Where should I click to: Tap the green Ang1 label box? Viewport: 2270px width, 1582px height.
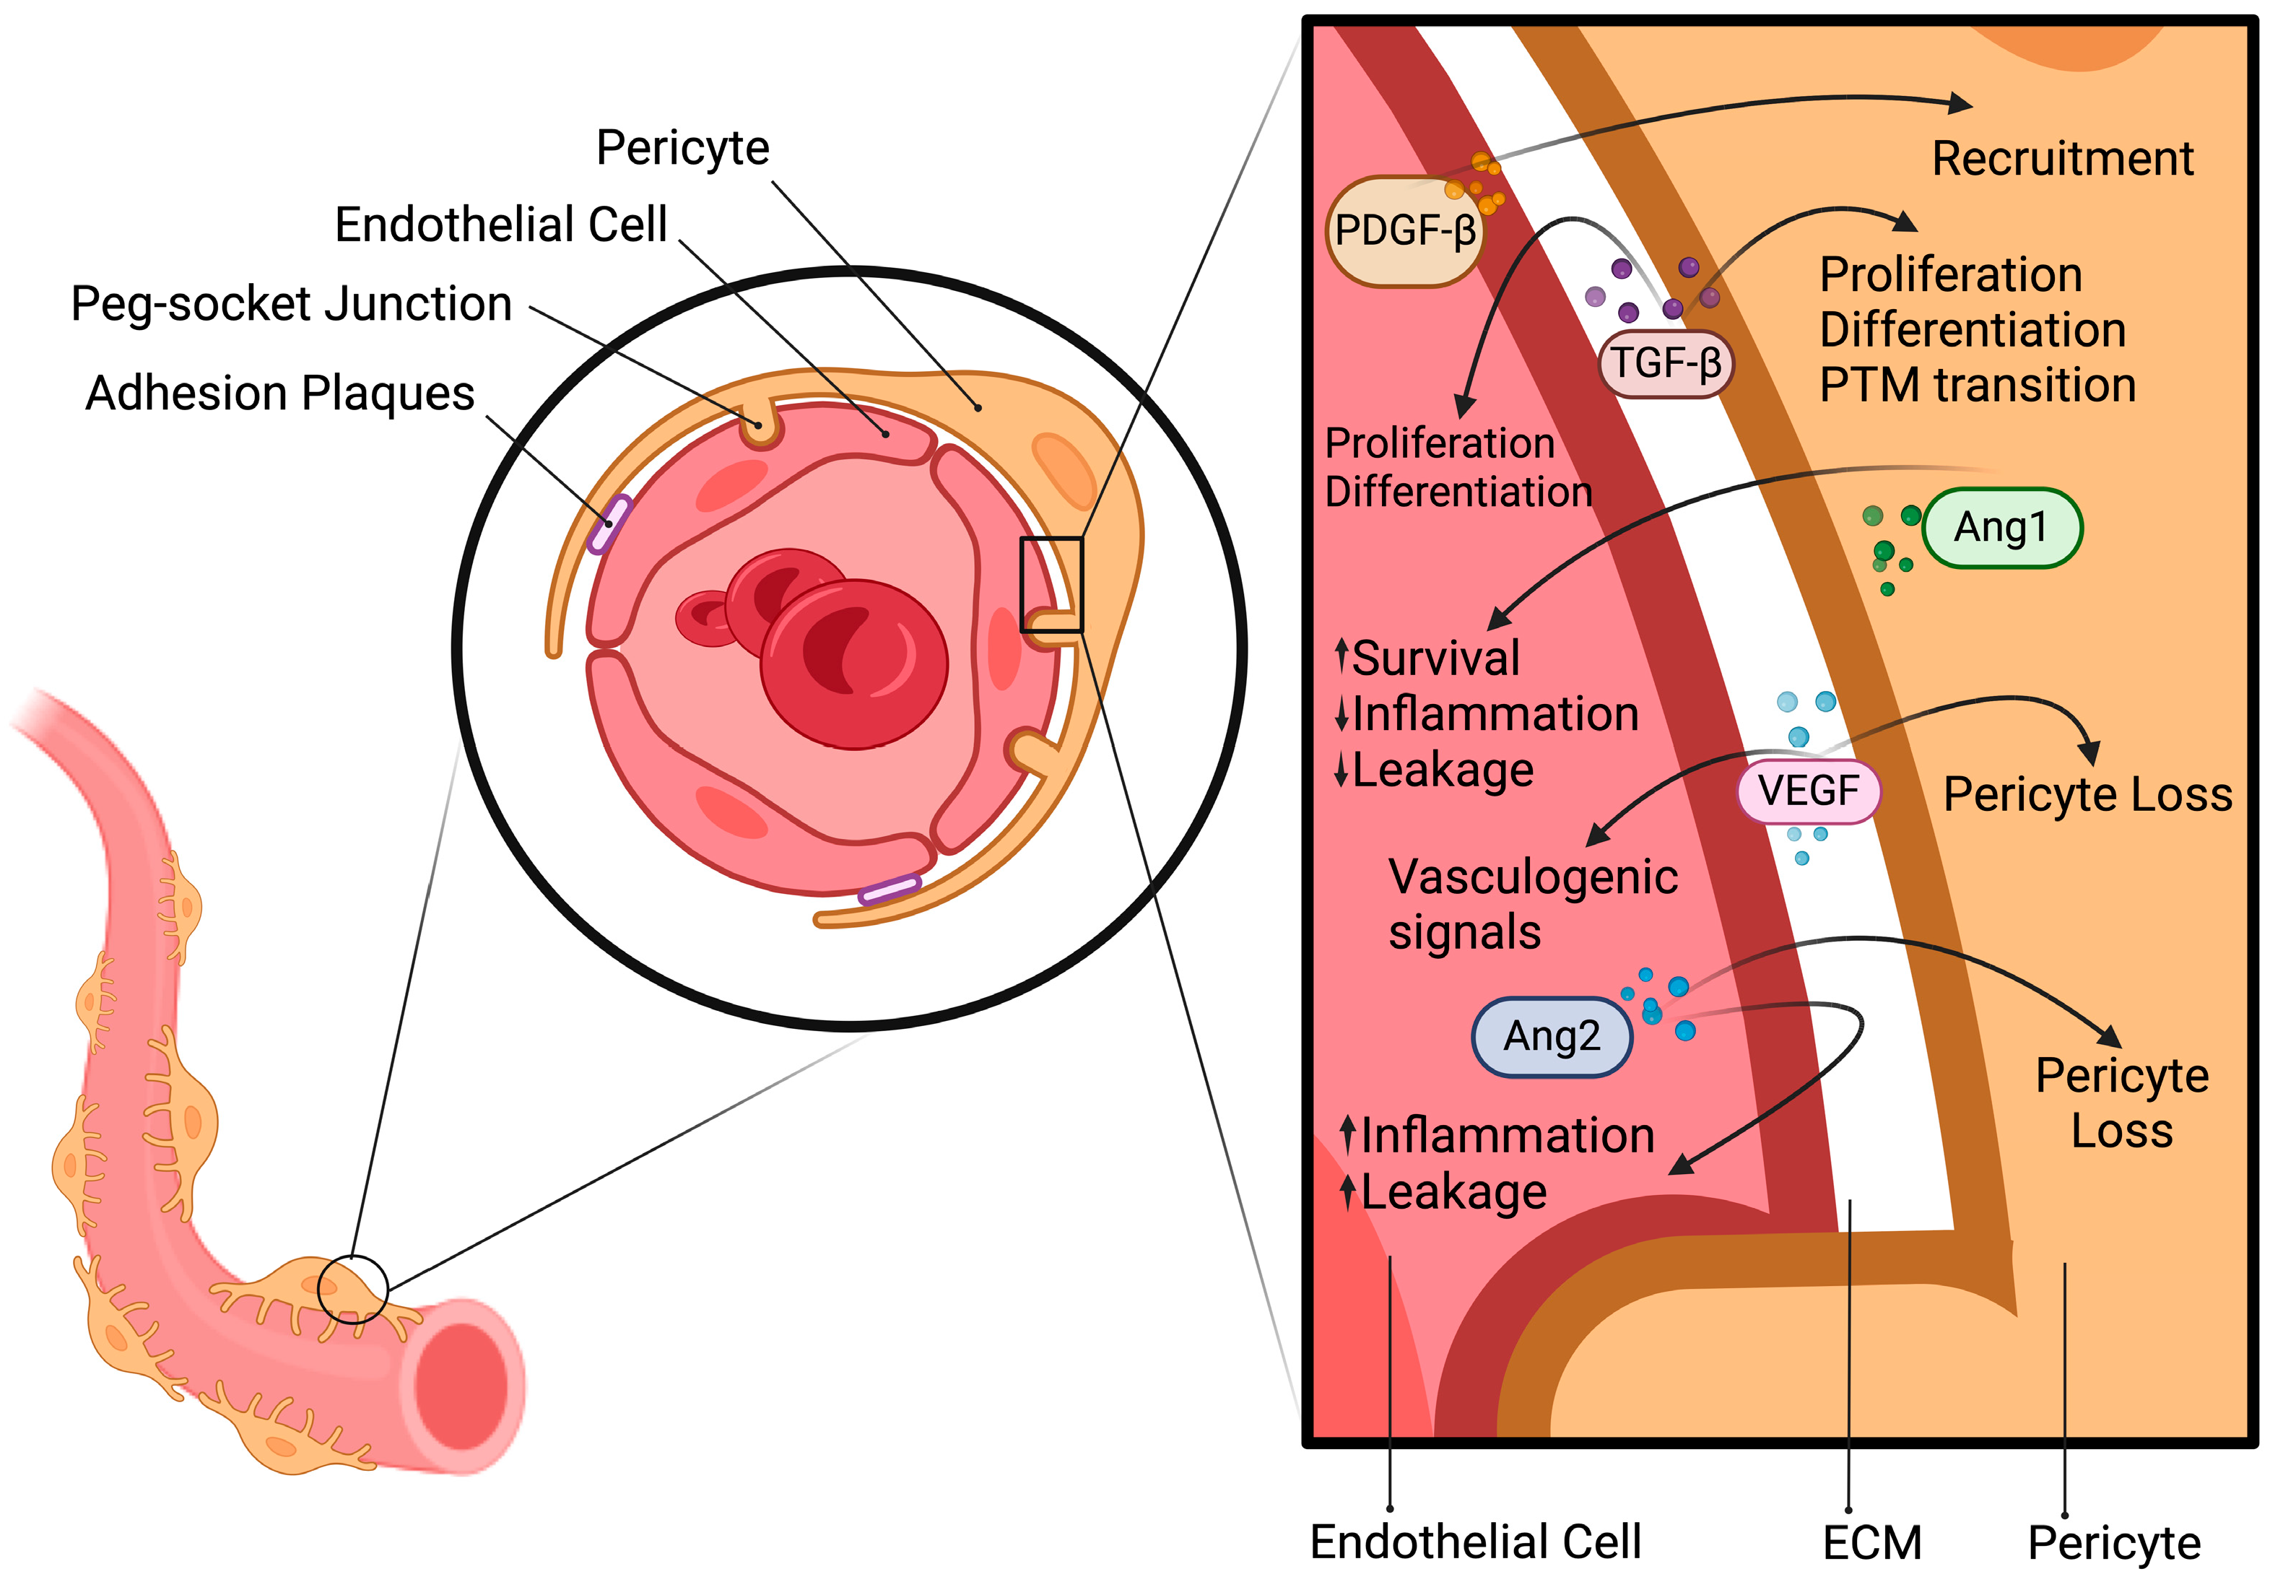(2001, 528)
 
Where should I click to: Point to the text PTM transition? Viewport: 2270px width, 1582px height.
(1978, 386)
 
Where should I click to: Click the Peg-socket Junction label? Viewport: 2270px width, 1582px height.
(292, 303)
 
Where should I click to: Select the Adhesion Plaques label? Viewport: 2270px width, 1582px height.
(280, 393)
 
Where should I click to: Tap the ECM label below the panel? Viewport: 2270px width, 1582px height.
(1871, 1542)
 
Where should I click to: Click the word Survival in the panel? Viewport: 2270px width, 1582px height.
(1435, 659)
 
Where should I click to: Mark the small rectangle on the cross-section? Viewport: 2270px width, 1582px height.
(1051, 584)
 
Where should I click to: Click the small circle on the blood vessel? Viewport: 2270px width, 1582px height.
(353, 1290)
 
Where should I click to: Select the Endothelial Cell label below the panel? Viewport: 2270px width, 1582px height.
(1475, 1542)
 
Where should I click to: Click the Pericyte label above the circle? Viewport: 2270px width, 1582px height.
(682, 148)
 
